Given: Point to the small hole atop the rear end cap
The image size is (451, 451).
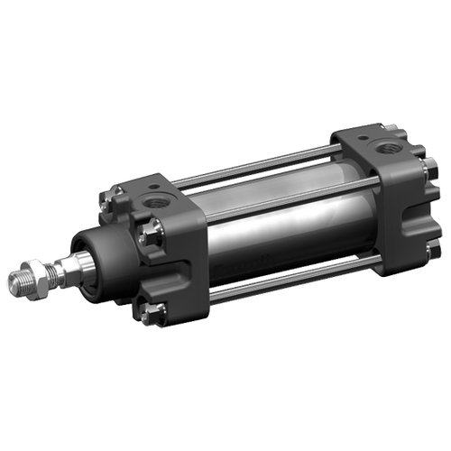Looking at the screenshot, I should pyautogui.click(x=362, y=138).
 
